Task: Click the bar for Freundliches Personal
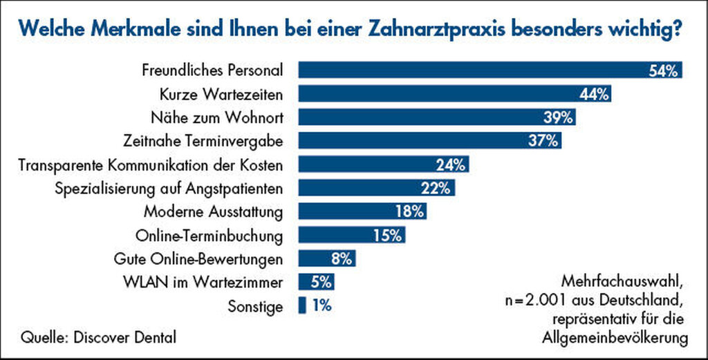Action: coord(470,70)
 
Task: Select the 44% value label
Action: coord(595,93)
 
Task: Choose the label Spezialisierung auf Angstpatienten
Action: coord(169,188)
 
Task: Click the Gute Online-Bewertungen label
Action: coord(198,259)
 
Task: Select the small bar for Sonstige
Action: coord(301,305)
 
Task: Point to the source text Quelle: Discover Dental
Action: coord(98,337)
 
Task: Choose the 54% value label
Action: coord(665,70)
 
